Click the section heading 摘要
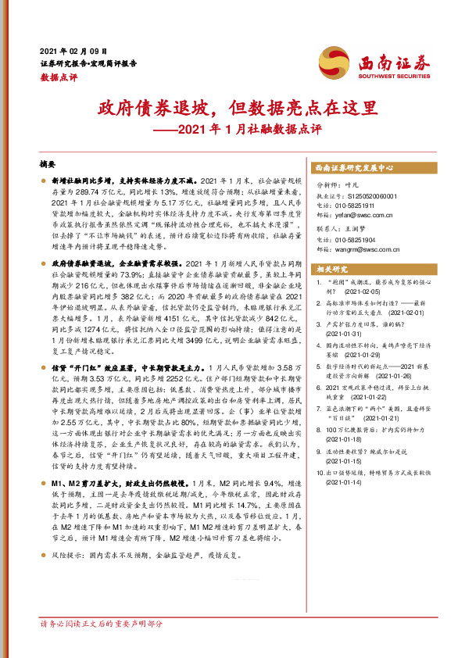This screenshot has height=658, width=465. tap(48, 165)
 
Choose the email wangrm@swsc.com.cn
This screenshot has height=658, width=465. tap(363, 249)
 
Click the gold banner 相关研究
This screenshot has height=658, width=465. tap(332, 270)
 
